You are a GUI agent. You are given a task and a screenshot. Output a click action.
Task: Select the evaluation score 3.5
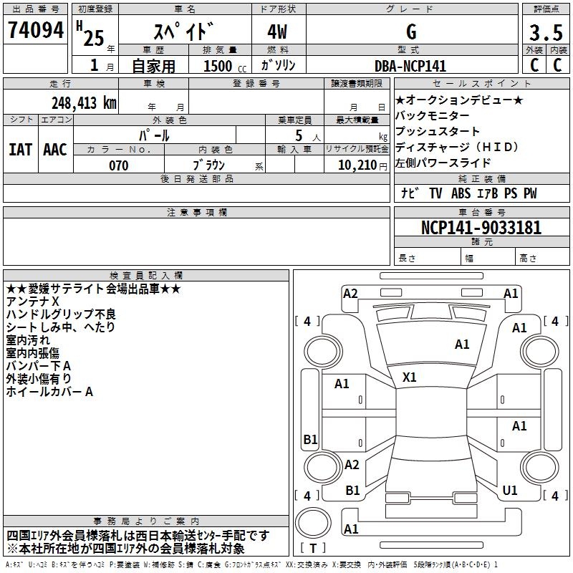point(546,32)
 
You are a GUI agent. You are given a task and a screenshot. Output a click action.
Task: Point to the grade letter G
point(410,32)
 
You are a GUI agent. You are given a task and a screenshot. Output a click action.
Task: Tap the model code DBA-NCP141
point(410,66)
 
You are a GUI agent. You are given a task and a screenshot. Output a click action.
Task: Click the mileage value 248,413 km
point(84,102)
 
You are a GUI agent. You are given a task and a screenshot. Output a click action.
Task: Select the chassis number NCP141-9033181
point(481,228)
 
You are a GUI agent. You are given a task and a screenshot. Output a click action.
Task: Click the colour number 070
point(118,165)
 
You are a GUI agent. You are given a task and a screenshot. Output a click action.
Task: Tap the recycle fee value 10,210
point(355,165)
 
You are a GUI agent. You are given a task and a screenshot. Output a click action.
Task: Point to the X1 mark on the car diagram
point(410,377)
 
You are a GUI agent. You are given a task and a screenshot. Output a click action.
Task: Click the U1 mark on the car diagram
point(510,490)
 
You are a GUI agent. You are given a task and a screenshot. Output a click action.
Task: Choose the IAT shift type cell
point(20,150)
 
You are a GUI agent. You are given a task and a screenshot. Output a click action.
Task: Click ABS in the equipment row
point(461,193)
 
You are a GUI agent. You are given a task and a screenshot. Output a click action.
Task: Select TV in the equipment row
point(435,193)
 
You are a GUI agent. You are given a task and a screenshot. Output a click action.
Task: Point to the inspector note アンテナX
point(32,302)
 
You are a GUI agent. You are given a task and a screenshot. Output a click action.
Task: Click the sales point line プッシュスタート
point(438,132)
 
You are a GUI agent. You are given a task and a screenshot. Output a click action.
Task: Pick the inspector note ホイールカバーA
point(49,392)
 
